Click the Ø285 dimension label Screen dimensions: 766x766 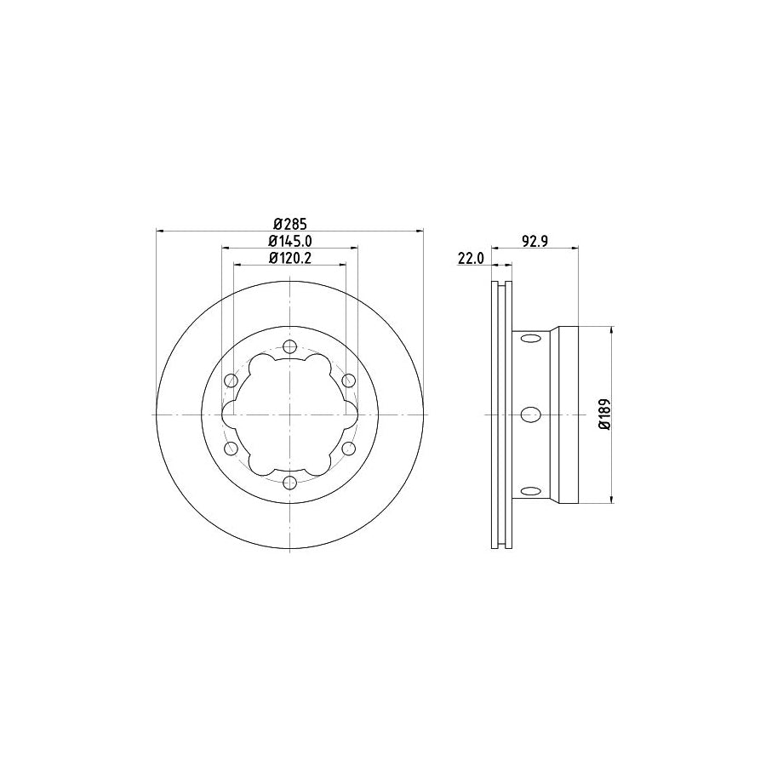click(x=289, y=224)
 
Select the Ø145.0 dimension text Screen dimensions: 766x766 click(x=290, y=242)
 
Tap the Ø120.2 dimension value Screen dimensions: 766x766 click(x=290, y=258)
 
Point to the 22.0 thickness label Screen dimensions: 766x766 click(x=471, y=259)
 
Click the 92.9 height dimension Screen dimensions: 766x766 click(x=532, y=242)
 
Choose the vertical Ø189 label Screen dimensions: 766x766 click(x=603, y=414)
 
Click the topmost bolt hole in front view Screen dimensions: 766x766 click(x=290, y=346)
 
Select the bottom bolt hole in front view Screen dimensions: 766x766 click(x=290, y=483)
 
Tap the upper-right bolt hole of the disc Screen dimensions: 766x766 click(x=349, y=380)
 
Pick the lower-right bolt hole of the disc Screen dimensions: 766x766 click(x=349, y=449)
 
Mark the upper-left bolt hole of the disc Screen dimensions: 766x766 click(x=231, y=380)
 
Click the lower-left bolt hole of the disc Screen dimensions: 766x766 click(x=231, y=449)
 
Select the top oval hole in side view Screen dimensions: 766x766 click(x=530, y=339)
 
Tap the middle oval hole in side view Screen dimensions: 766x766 click(x=530, y=414)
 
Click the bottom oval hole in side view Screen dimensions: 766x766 click(x=530, y=490)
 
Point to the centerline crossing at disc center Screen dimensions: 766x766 click(x=290, y=414)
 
